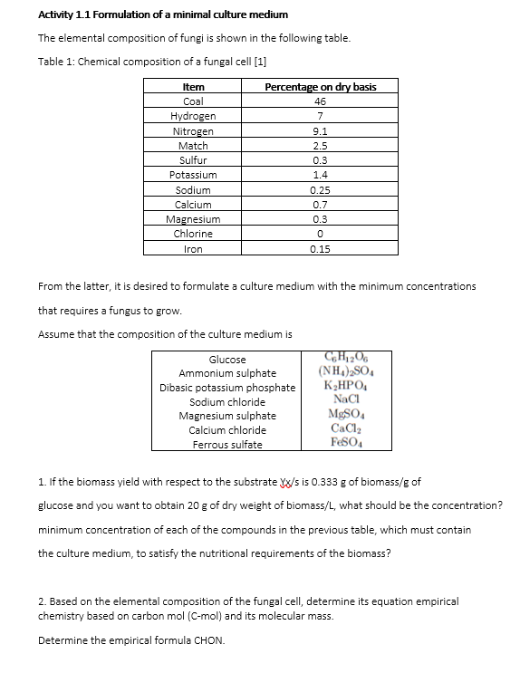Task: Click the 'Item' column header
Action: click(x=193, y=87)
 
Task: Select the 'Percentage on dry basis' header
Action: click(x=320, y=87)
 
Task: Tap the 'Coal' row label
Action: click(x=193, y=101)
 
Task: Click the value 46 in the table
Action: click(x=320, y=101)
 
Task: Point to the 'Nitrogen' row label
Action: click(x=193, y=131)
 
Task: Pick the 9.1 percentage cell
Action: click(x=320, y=131)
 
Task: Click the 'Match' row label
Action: click(x=193, y=146)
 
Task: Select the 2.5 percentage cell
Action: click(x=320, y=146)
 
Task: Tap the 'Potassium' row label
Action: click(x=193, y=175)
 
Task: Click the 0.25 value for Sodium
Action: click(x=320, y=190)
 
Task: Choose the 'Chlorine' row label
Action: click(x=193, y=234)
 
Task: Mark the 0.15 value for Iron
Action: click(x=320, y=249)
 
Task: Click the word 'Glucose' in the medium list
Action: click(x=227, y=360)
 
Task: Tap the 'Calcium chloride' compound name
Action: click(x=227, y=430)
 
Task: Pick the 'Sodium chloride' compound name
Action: click(x=227, y=401)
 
